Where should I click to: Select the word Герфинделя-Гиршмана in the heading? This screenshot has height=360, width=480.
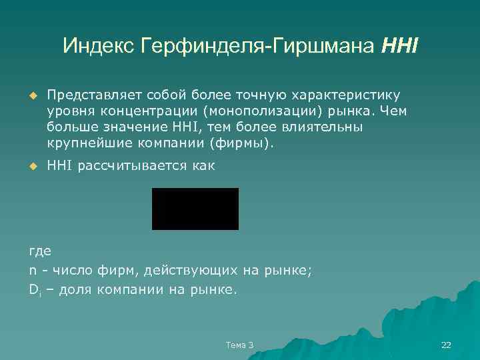point(259,46)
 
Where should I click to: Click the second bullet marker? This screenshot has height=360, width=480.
point(30,165)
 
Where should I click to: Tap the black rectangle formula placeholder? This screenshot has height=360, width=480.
point(195,209)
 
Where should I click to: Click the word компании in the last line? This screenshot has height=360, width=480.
point(125,290)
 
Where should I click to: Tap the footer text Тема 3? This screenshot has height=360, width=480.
point(240,345)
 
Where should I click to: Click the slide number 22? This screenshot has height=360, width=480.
point(447,345)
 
